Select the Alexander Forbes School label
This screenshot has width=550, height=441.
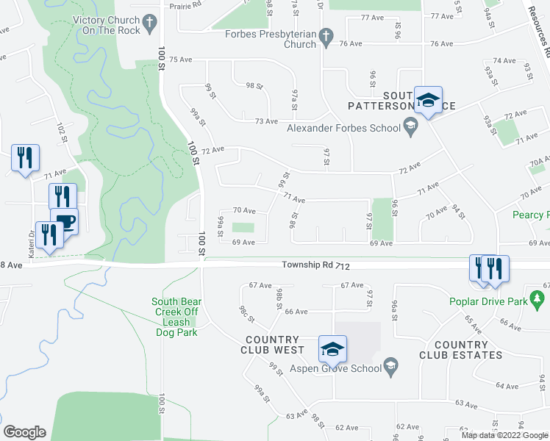[x=343, y=128]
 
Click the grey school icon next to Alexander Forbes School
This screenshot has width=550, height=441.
[x=410, y=129]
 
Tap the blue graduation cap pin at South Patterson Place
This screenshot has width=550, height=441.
[x=427, y=101]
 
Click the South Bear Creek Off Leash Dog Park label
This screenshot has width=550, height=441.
[x=176, y=317]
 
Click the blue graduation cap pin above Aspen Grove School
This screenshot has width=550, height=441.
[x=332, y=348]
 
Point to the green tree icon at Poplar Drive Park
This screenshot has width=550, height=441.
[x=537, y=299]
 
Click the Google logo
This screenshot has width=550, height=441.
[x=24, y=432]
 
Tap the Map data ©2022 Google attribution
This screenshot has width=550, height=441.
[x=504, y=434]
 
